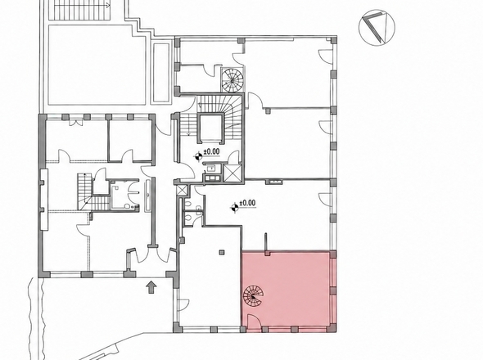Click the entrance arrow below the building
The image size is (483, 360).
click(151, 287)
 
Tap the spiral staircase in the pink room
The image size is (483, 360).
click(254, 296)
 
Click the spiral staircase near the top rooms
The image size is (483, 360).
click(233, 79)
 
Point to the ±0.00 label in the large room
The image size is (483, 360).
click(248, 203)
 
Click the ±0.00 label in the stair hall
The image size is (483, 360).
click(211, 151)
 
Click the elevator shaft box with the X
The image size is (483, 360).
click(232, 173)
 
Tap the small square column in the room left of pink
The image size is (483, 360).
click(222, 253)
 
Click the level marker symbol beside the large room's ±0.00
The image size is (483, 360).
click(235, 207)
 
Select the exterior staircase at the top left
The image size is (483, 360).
click(80, 10)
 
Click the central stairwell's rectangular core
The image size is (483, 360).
click(210, 128)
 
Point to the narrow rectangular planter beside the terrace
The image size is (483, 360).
click(160, 73)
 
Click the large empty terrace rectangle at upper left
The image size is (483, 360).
click(96, 65)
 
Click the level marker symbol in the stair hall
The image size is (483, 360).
click(198, 156)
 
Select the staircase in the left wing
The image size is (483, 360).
click(93, 192)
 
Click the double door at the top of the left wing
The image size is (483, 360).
click(76, 122)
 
